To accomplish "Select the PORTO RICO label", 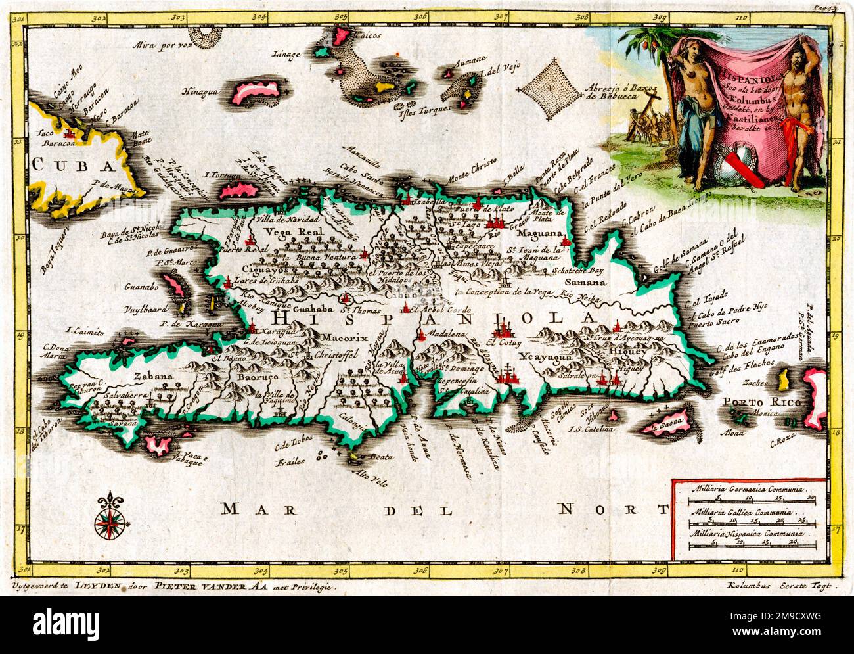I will point(750,402).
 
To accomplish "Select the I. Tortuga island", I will point(234,187).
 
